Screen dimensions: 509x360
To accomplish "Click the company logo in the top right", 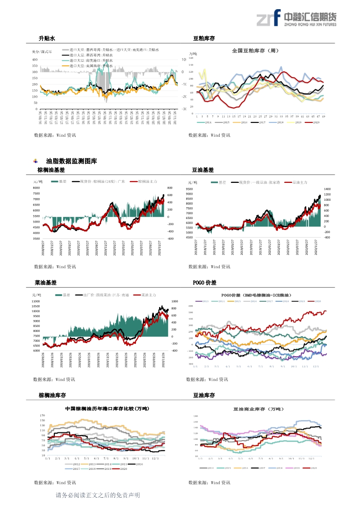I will point(296,19).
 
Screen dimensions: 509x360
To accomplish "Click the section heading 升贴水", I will point(47,39).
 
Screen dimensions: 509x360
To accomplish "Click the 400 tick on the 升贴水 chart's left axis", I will point(34,59).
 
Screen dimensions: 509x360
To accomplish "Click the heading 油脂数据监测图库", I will point(71,161).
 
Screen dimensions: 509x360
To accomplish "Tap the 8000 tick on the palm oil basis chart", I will point(36,188).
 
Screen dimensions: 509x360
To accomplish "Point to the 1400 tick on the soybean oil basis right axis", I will point(327,189).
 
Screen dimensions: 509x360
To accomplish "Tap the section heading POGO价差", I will point(204,283).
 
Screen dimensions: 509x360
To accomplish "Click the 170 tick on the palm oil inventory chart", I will point(42,416).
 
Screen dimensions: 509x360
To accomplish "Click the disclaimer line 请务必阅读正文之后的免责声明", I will point(98,495).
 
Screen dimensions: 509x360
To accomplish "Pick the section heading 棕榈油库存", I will point(52,395).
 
